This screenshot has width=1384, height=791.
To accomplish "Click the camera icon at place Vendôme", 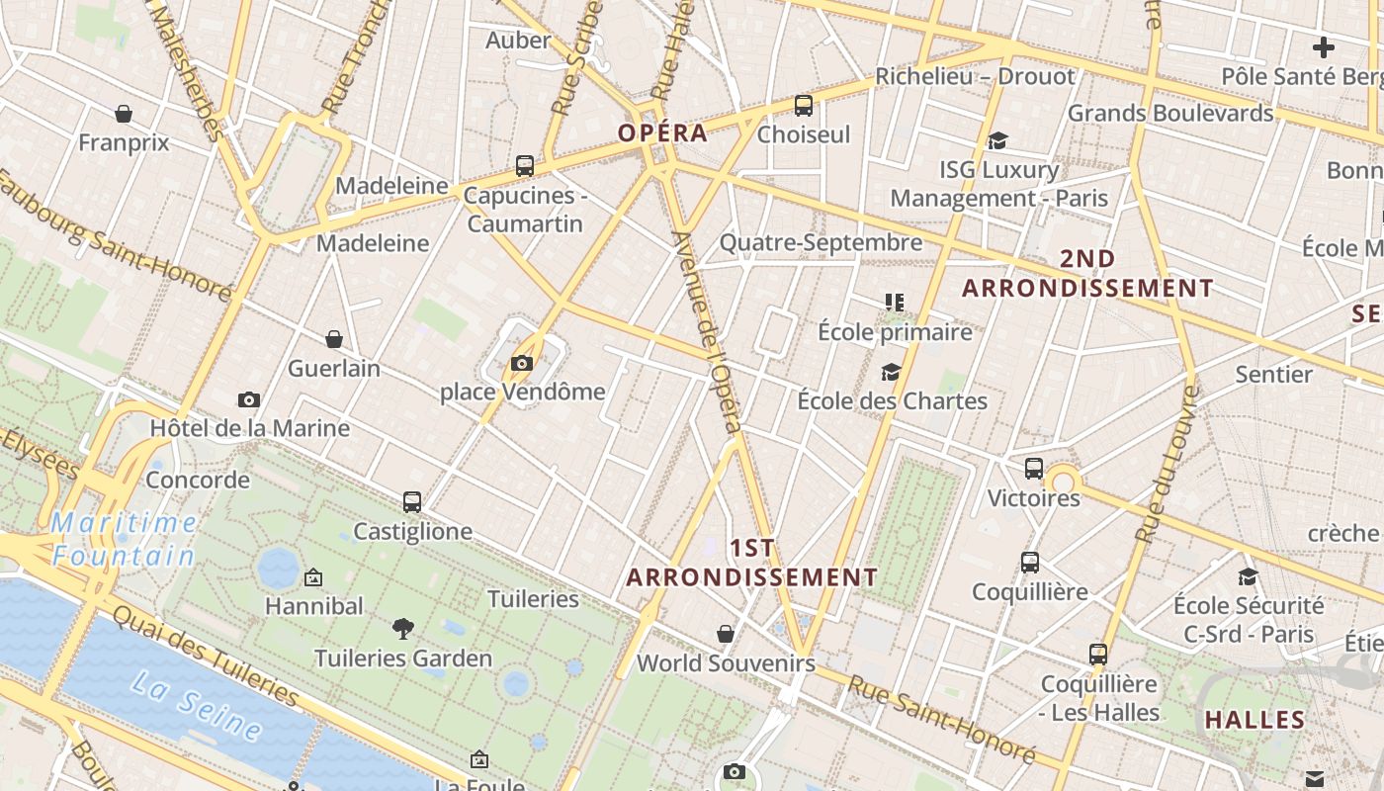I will pos(522,363).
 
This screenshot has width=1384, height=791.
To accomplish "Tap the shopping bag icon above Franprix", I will pos(124,114).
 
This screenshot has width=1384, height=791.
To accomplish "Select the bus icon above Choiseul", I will pos(804,105).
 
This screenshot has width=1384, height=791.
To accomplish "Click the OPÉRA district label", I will pos(662,132).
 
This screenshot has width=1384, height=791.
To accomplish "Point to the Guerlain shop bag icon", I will pos(334,339).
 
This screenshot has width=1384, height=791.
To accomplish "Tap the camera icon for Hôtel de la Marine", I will pos(249,399).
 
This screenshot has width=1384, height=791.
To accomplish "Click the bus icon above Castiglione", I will pos(412,502).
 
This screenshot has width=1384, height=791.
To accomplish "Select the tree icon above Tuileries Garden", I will pos(402,628).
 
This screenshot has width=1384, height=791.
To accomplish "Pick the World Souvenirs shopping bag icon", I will pos(726,633).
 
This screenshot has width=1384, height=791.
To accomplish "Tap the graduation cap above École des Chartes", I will pos(892,372).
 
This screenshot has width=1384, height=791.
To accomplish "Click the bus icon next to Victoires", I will pos(1034,469).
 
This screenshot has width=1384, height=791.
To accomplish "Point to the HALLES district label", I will pos(1254,720).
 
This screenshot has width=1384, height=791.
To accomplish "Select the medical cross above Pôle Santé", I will pos(1324,46).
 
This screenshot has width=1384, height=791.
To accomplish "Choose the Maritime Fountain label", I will pos(124,539).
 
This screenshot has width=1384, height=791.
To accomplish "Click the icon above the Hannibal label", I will pos(313,576).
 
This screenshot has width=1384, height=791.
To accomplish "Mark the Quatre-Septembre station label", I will pos(821,242).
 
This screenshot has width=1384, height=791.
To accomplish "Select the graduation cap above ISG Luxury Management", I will pos(997,141).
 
